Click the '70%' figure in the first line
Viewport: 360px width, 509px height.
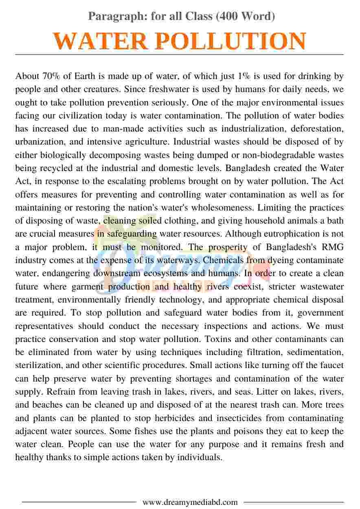(x=51, y=76)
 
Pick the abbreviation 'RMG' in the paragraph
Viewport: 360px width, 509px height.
(x=333, y=247)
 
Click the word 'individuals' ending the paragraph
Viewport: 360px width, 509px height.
(x=200, y=457)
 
